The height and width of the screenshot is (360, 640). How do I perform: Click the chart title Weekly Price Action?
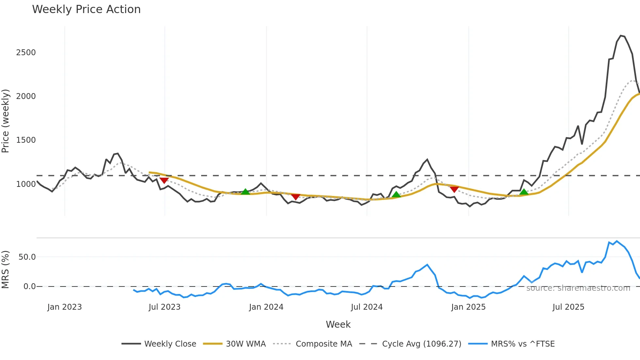click(86, 9)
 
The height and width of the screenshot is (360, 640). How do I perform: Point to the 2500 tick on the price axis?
click(26, 53)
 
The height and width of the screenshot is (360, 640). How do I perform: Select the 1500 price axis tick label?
click(26, 140)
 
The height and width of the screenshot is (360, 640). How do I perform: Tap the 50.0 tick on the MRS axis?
click(27, 257)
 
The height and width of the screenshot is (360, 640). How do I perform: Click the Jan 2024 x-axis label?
click(266, 307)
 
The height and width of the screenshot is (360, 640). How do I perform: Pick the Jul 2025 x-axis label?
click(568, 307)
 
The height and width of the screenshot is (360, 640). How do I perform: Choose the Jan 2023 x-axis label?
click(64, 307)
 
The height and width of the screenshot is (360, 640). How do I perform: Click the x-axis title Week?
click(338, 324)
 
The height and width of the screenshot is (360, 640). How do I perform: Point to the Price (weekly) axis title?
click(6, 121)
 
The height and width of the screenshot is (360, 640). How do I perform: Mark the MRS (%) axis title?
click(6, 270)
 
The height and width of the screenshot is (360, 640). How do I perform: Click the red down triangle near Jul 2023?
click(164, 180)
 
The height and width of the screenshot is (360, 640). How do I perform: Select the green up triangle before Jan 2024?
click(245, 191)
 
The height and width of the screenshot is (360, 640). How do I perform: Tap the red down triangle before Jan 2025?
click(454, 189)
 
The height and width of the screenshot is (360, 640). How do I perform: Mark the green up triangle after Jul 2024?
click(396, 194)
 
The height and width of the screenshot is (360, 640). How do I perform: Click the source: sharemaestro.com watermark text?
click(578, 288)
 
